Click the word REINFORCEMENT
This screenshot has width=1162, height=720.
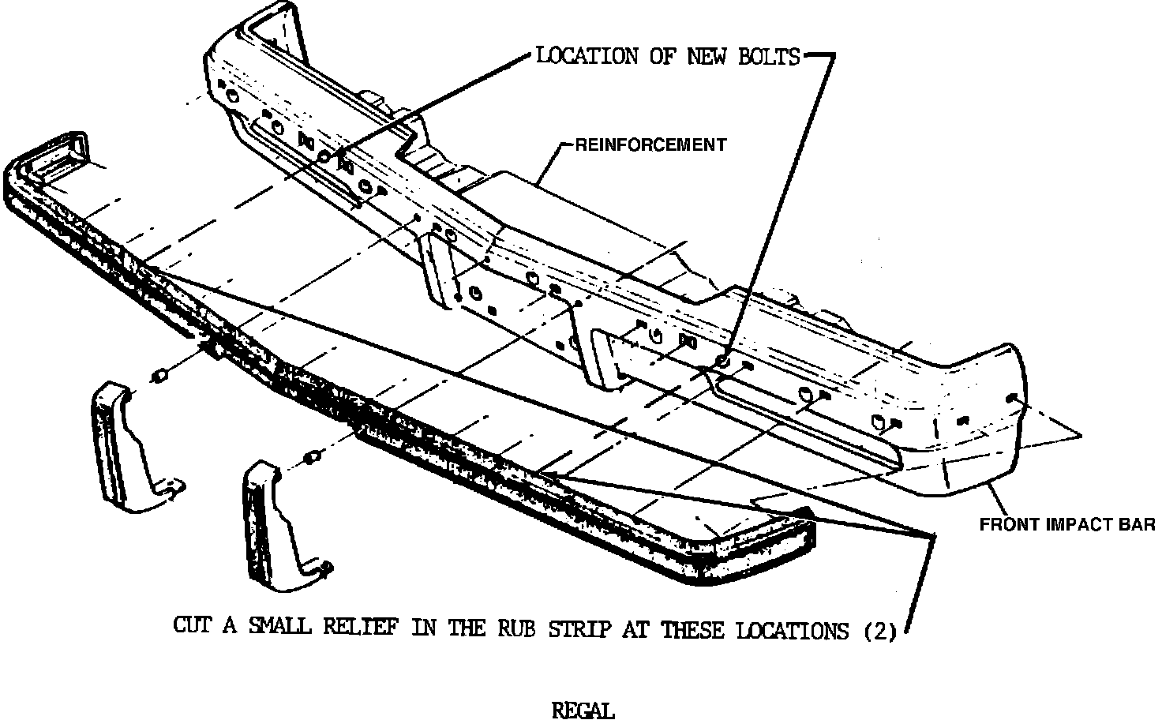tap(650, 144)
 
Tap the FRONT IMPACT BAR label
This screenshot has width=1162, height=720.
tap(1067, 524)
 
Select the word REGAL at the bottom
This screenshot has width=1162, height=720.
tap(583, 711)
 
